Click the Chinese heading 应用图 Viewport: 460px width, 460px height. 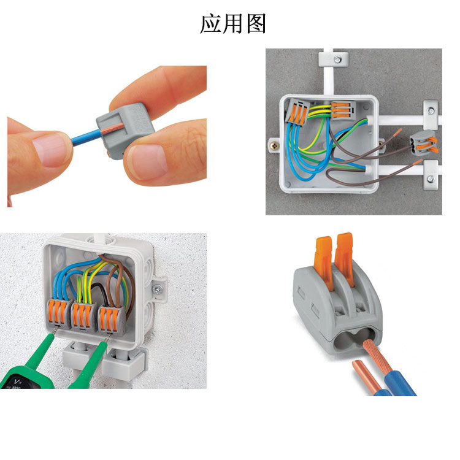(233, 23)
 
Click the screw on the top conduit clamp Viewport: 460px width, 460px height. (337, 59)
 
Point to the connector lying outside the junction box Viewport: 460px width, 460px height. (423, 142)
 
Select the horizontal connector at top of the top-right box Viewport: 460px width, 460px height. (343, 109)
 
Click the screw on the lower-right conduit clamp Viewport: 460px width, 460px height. (431, 178)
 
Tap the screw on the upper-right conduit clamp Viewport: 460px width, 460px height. (431, 111)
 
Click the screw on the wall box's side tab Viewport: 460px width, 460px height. (158, 289)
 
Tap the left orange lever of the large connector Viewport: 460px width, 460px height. (324, 263)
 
